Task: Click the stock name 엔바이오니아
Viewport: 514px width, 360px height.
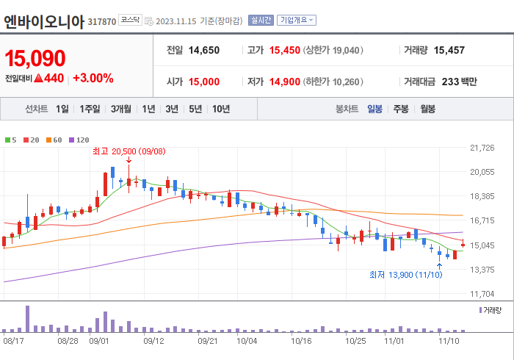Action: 45,21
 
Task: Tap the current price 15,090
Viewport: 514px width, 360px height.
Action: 35,58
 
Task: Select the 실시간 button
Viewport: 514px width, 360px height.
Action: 261,21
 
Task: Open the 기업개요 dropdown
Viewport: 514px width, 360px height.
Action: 297,21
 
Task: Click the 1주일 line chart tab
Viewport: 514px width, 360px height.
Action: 90,109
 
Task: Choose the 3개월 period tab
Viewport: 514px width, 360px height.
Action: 121,109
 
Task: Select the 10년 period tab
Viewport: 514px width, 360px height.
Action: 220,109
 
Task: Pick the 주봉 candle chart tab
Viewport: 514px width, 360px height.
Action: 400,109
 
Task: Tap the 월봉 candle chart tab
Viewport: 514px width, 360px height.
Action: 427,109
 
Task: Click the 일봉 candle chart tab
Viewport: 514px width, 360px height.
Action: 374,109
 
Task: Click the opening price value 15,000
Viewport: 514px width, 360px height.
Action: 203,82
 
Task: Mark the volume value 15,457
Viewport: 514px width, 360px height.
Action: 449,51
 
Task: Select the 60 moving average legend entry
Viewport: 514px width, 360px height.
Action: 56,140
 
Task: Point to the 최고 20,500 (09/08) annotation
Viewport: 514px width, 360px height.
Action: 128,151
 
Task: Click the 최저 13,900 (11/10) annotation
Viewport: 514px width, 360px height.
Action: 405,275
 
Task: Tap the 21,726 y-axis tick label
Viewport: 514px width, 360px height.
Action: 482,148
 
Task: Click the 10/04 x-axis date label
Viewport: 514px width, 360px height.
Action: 247,341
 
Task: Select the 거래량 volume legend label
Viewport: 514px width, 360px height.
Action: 493,311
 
